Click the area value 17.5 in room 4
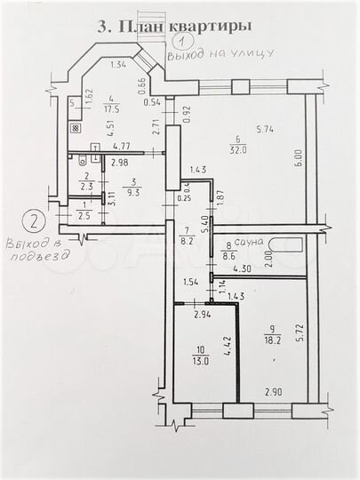[112, 110]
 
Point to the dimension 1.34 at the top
[118, 64]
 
